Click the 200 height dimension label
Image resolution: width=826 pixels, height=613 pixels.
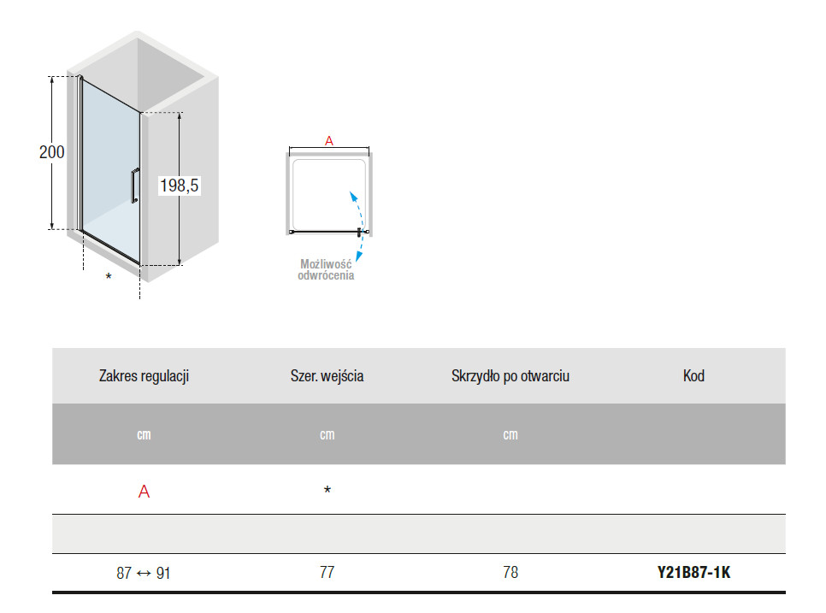tap(51, 152)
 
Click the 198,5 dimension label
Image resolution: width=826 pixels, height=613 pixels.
tap(179, 186)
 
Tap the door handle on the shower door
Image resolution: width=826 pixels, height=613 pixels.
tap(135, 186)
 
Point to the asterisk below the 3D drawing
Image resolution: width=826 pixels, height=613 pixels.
tap(109, 276)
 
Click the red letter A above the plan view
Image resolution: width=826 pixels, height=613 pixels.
tap(329, 140)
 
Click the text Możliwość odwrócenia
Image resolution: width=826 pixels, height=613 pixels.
tap(326, 269)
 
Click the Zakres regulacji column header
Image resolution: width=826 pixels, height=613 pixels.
tap(144, 376)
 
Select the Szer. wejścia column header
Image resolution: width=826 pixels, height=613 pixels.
tap(327, 376)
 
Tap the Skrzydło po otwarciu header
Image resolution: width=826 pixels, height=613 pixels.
tap(510, 376)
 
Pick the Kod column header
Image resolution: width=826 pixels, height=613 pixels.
tap(693, 376)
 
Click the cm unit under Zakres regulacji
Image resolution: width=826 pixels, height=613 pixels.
tap(144, 435)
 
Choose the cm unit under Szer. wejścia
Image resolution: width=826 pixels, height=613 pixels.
tap(327, 435)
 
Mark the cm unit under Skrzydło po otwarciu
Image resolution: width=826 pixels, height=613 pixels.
tap(510, 435)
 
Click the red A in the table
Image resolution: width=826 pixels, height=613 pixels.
tap(144, 492)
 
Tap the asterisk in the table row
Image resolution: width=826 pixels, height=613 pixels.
tap(327, 490)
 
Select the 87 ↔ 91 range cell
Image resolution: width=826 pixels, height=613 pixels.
tap(144, 573)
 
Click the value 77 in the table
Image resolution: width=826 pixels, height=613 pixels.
tap(327, 573)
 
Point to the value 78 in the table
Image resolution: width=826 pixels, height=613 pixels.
tap(510, 573)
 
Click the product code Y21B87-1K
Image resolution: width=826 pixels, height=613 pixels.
tap(693, 573)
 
